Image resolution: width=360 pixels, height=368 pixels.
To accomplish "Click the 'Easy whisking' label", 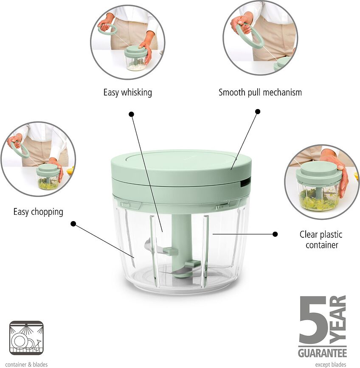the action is (x=128, y=93).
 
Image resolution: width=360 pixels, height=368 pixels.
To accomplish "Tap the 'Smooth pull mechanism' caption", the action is (x=260, y=93).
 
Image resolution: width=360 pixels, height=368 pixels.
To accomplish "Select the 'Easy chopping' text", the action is (x=38, y=212).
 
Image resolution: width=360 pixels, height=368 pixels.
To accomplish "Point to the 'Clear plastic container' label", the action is (x=321, y=239).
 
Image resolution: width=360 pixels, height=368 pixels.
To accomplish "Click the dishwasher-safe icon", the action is (x=26, y=338).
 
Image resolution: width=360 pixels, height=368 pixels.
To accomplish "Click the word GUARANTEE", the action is (x=323, y=353).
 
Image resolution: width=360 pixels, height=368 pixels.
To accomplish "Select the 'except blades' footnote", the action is (x=331, y=365).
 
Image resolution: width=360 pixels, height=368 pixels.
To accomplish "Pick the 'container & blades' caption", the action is (x=26, y=365).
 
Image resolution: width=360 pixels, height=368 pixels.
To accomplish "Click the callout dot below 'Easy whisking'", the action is (x=132, y=114).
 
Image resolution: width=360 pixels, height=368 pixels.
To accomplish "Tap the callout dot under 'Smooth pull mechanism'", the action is (x=258, y=112).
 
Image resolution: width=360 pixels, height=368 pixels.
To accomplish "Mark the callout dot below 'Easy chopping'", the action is (x=73, y=224).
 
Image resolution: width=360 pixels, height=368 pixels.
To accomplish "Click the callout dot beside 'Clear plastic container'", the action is (x=275, y=234).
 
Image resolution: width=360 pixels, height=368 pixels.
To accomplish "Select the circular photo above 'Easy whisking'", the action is (x=128, y=42).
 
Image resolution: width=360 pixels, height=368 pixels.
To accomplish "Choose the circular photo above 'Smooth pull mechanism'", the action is (x=260, y=37).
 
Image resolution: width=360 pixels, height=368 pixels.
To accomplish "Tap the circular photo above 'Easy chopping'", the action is (x=38, y=159).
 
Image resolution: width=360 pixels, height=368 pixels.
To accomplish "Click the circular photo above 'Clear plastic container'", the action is (x=321, y=182).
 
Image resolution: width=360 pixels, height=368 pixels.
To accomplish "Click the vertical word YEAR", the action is (x=338, y=320).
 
